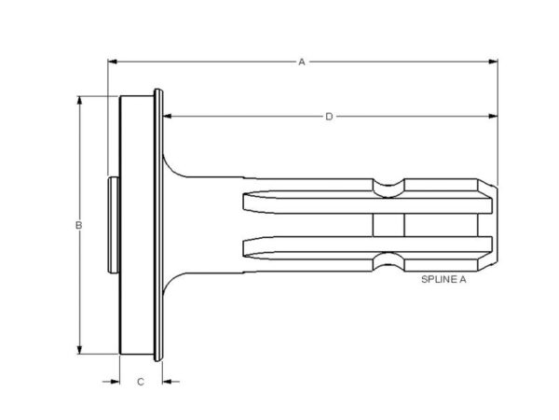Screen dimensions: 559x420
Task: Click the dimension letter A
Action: pos(302,63)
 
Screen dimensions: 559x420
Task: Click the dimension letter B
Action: pos(79,225)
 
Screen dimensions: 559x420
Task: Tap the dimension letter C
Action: pos(141,382)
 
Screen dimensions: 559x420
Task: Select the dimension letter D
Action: pos(329,117)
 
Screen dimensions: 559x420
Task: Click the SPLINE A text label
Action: pos(443,279)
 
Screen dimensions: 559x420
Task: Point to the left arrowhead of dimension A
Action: pos(113,62)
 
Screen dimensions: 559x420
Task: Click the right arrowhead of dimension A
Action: pos(493,62)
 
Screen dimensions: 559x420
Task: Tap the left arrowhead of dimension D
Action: pos(167,116)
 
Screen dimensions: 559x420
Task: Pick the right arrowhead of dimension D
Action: pos(493,116)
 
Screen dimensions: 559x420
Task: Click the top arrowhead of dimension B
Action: pos(79,101)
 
